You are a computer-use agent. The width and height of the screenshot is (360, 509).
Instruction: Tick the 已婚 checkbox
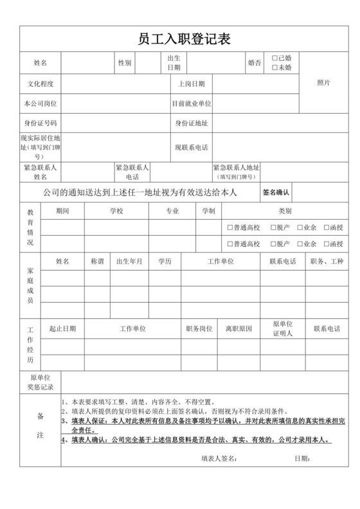click(275, 58)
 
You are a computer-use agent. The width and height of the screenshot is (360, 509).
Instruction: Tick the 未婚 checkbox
click(275, 67)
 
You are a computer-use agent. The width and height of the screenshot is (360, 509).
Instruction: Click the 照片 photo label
click(324, 83)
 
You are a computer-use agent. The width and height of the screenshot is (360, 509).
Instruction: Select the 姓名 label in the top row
click(40, 63)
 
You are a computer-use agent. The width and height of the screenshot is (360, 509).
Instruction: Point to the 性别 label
click(125, 63)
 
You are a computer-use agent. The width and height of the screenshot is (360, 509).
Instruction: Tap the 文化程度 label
click(40, 84)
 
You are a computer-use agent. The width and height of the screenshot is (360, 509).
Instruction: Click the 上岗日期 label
click(192, 84)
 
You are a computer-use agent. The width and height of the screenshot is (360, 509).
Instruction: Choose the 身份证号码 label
click(40, 123)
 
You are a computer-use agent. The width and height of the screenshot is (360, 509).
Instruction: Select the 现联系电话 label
click(192, 147)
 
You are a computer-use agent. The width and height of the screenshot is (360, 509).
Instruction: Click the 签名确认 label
click(276, 192)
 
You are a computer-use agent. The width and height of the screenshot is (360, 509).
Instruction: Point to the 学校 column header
click(116, 211)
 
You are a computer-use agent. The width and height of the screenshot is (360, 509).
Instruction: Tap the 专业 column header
click(172, 211)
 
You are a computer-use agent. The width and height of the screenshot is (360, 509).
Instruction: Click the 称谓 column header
click(97, 262)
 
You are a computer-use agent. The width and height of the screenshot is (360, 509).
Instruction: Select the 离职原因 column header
click(239, 328)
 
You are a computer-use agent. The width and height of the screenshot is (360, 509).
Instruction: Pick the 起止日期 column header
click(62, 328)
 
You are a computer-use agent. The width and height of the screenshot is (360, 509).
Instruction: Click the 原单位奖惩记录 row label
click(40, 382)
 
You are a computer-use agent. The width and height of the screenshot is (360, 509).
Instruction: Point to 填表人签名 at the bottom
click(219, 459)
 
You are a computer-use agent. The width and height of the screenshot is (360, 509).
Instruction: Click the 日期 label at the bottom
click(302, 459)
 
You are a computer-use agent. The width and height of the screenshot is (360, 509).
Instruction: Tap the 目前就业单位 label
click(192, 103)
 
